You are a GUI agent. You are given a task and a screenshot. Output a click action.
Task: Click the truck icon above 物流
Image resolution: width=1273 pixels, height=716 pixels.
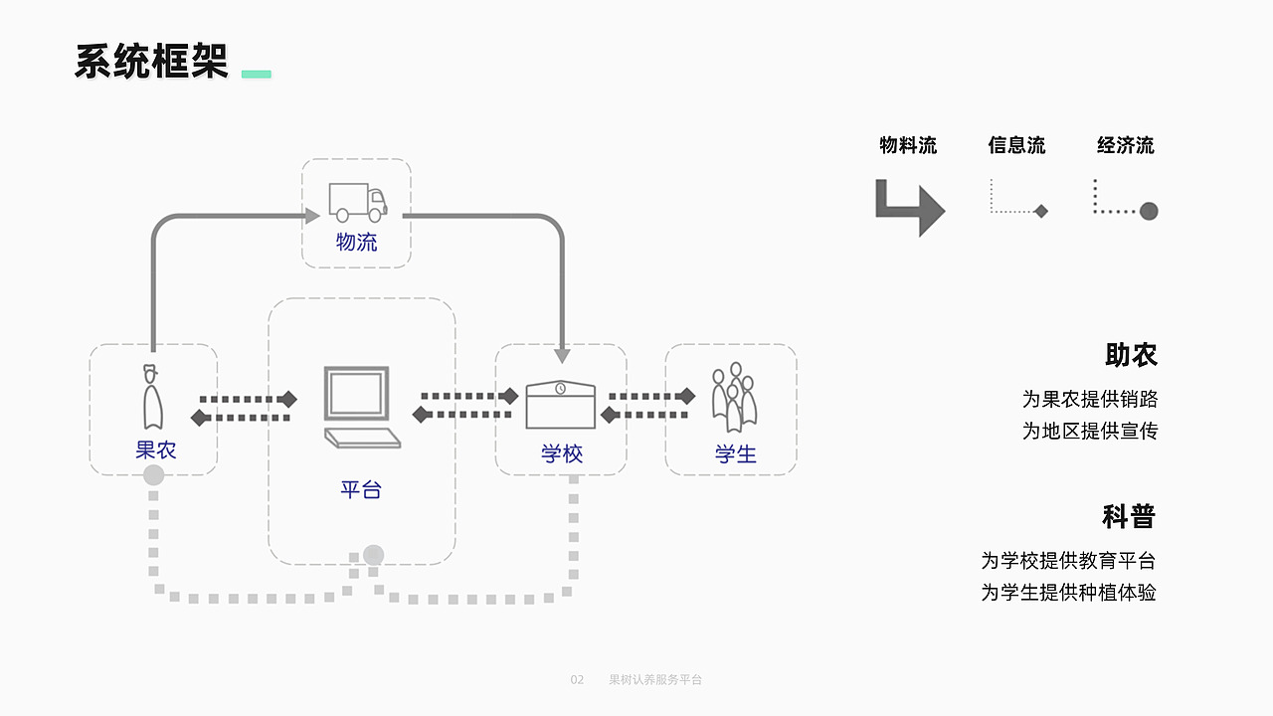[x=357, y=202]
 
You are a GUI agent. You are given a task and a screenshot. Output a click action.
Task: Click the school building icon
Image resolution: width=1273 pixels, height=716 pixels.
[x=560, y=404]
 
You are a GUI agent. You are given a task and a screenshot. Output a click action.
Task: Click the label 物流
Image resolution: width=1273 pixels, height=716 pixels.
[x=357, y=242]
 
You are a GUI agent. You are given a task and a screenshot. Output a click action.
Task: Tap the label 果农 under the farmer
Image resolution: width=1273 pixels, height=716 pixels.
[x=156, y=449]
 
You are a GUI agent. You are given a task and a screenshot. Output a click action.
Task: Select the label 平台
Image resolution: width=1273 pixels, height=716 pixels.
[x=360, y=489]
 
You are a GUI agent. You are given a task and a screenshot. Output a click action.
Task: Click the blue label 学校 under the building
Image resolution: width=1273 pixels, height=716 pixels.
[x=562, y=454]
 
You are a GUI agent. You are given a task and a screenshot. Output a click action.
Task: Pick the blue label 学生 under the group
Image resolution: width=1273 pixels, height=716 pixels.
[x=736, y=454]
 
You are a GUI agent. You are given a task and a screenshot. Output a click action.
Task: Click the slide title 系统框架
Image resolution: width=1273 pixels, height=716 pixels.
[x=151, y=62]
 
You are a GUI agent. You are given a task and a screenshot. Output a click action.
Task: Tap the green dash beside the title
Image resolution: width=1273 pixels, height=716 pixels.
[x=257, y=74]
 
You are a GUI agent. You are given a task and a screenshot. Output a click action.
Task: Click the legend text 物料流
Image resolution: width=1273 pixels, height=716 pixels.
[x=908, y=145]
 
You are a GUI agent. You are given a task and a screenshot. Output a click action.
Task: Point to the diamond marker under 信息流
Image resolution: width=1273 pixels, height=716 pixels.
[x=1041, y=211]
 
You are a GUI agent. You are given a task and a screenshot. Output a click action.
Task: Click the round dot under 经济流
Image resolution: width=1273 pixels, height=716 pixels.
[x=1149, y=211]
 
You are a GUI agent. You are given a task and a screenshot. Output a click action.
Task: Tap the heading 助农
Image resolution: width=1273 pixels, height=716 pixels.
[x=1131, y=355]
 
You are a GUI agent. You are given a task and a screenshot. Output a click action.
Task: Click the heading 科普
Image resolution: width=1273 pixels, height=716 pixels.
[x=1129, y=516]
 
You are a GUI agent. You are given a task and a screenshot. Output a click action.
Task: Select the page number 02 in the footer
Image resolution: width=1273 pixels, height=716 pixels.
[x=577, y=680]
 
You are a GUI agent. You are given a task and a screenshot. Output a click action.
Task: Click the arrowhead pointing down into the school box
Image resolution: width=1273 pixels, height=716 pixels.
[x=562, y=355]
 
